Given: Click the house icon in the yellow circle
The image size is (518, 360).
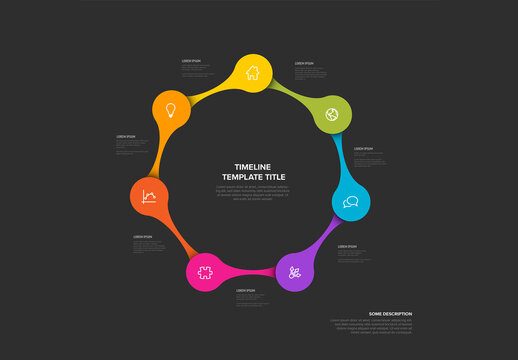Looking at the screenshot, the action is click(252, 72).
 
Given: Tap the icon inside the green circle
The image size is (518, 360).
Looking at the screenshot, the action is click(331, 114).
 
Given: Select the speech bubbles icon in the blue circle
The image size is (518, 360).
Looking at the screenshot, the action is click(350, 201).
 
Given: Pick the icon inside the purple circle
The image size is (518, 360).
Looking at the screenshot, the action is click(294, 271).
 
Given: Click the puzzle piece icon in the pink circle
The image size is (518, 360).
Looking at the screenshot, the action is click(205, 271).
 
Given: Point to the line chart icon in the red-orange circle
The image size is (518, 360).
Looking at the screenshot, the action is click(149, 196).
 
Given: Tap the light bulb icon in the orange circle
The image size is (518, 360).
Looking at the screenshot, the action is click(170, 109).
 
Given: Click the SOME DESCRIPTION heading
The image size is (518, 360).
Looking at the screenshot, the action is click(390, 314).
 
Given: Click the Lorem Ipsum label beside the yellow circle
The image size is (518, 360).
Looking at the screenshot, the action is click(304, 63).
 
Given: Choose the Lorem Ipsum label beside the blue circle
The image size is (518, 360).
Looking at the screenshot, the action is click(363, 148).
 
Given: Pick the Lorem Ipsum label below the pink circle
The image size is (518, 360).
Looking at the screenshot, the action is click(245, 290).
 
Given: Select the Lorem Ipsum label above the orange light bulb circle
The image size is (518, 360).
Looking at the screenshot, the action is click(191, 60).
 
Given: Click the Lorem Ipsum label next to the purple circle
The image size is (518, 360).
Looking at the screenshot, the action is click(347, 246).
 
